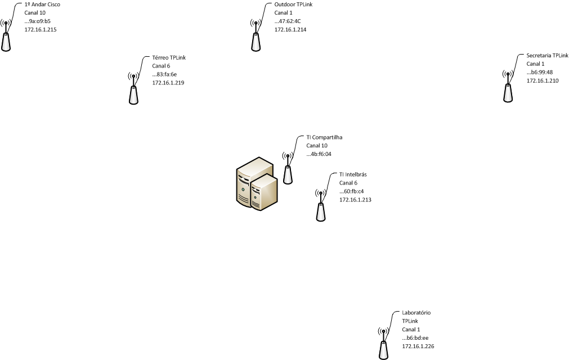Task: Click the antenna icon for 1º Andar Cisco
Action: (x=6, y=37)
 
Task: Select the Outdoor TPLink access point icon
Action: (x=255, y=37)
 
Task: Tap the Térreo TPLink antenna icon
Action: (x=133, y=90)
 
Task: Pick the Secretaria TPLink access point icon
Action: (x=508, y=88)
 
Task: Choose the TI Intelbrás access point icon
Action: (x=320, y=207)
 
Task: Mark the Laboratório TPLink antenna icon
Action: (x=383, y=344)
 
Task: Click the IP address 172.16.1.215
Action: (x=41, y=29)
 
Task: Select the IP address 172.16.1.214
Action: (x=290, y=29)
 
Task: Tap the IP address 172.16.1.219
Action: (x=168, y=83)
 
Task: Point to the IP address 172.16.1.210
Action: (x=543, y=81)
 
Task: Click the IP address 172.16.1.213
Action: (x=355, y=200)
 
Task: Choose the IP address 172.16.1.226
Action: (x=418, y=346)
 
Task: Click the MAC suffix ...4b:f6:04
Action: (x=320, y=154)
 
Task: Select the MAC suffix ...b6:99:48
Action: (x=540, y=73)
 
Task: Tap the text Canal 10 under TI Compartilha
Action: (x=317, y=146)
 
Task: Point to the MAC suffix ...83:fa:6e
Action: (x=164, y=74)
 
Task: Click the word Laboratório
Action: (x=416, y=313)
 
